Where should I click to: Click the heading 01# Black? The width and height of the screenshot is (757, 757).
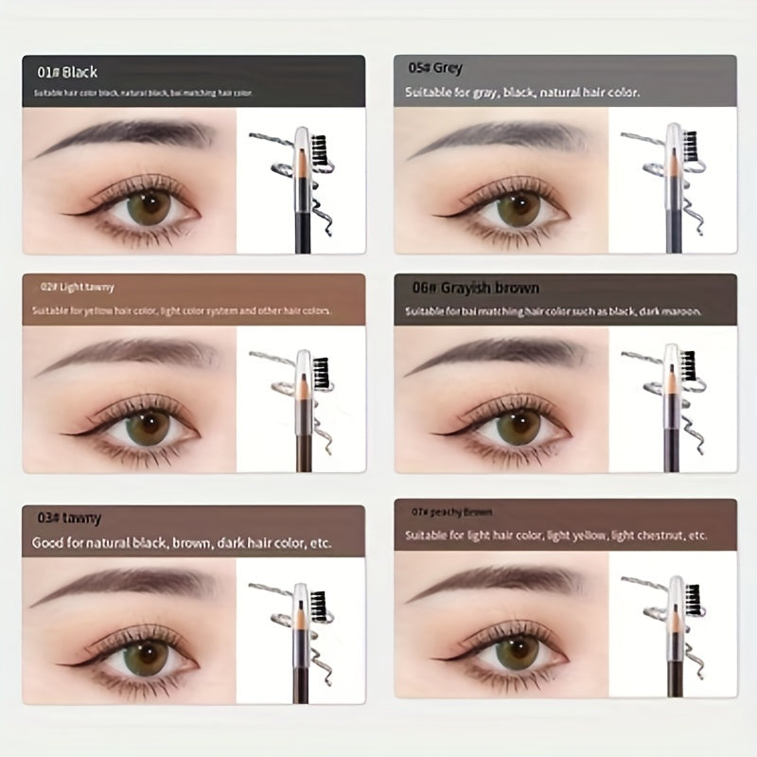pyautogui.click(x=67, y=72)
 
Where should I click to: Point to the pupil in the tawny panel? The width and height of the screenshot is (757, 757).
pyautogui.click(x=144, y=653)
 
